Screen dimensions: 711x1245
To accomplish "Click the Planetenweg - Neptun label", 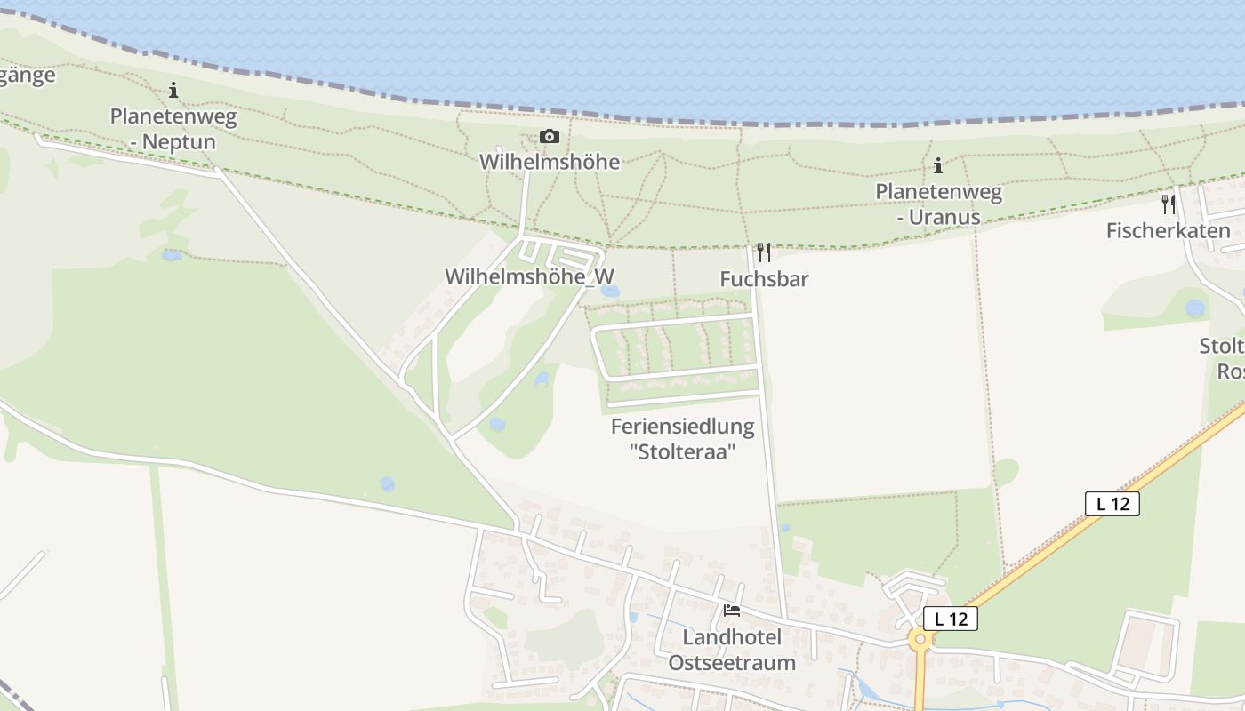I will pos(173,129).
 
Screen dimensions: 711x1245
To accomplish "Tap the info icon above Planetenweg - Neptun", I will pos(173,90).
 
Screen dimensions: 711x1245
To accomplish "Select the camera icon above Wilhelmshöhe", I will pos(550,136).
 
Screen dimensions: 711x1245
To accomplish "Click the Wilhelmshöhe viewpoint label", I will pos(550,162).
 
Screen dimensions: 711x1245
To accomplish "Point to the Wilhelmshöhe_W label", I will pos(529,276).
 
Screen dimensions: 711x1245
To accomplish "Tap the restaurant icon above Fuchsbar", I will pos(763,252).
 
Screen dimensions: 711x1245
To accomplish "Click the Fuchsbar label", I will pos(764,279).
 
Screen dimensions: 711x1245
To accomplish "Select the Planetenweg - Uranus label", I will pos(938,204).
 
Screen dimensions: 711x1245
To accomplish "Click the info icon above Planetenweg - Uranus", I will pos(937,165).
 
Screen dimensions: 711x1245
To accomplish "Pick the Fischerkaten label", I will pos(1168,231).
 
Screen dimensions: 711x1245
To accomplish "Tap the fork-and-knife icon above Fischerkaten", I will pos(1168,204).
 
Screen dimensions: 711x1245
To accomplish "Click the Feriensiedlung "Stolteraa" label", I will pos(682,439).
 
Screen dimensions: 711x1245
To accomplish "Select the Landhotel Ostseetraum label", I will pos(732,650).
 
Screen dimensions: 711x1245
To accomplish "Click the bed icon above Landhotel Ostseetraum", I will pos(732,610).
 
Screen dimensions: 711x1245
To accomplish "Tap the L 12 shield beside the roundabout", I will pos(950,619).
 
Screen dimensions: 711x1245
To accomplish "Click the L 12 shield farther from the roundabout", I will pos(1112,503).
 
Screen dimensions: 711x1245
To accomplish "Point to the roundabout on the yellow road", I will pos(920,638).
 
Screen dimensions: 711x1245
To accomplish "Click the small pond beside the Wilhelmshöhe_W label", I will pos(609,291).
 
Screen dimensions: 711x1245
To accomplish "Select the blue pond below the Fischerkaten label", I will pos(1195,308).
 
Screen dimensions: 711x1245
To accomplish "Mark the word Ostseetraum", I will pos(732,662).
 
